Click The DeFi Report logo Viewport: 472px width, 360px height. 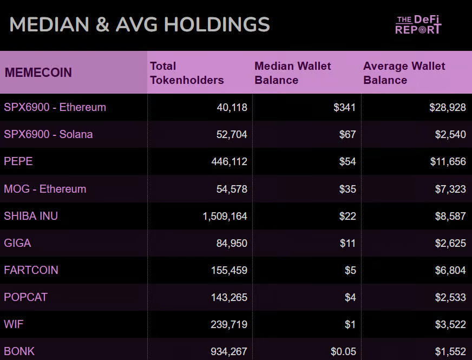[x=418, y=25]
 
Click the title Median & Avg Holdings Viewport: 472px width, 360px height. [x=140, y=25]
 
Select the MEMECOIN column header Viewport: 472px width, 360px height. [x=38, y=73]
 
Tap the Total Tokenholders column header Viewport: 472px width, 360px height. [x=187, y=73]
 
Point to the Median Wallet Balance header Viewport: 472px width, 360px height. [x=293, y=73]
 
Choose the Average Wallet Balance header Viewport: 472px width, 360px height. [x=404, y=73]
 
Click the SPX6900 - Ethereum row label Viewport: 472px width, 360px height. [x=55, y=107]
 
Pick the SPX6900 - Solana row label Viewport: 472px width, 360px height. [x=48, y=134]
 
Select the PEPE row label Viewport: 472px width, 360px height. [x=18, y=161]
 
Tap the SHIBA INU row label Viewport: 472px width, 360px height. [x=31, y=216]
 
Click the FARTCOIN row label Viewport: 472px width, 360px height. [x=31, y=270]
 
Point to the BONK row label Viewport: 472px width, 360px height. [x=19, y=351]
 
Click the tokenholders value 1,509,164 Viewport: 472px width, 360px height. [x=225, y=216]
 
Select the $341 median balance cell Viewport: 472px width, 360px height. [x=345, y=107]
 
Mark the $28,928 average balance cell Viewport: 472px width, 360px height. [x=448, y=107]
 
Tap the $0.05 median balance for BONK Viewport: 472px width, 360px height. [x=343, y=351]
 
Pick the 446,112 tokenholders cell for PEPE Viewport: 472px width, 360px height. [x=229, y=161]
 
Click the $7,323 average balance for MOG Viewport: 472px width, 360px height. [x=450, y=189]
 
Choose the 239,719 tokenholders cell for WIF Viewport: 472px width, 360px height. [x=229, y=324]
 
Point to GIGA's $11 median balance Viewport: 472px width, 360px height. [x=348, y=243]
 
